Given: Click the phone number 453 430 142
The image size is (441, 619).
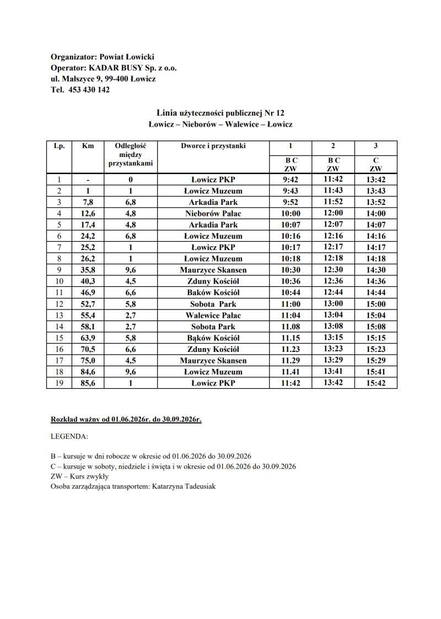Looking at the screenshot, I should click(89, 90).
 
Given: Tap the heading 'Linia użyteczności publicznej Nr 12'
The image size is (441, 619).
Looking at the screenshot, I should click(220, 113).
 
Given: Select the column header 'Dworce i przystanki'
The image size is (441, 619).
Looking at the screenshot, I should click(213, 146).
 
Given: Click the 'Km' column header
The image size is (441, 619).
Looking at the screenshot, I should click(87, 146).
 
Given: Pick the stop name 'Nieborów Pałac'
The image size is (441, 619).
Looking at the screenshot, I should click(213, 213).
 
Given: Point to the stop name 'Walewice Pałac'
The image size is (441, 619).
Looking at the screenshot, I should click(213, 316).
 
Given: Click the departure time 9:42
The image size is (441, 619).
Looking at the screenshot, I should click(290, 180).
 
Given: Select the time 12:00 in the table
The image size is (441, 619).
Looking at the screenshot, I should click(333, 213).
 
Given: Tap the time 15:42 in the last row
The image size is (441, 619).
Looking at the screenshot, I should click(376, 383).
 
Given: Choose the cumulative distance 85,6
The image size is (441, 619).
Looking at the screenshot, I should click(87, 383).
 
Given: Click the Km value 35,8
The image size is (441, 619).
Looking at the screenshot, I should click(87, 270).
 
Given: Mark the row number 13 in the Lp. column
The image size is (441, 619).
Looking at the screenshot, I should click(59, 316).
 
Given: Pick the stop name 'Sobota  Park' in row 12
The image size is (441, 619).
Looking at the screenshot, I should click(213, 304).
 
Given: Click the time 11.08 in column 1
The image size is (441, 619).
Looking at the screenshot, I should click(290, 327).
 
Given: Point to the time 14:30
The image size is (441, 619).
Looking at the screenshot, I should click(376, 270).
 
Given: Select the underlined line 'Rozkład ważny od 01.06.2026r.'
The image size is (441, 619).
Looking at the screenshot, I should click(126, 419).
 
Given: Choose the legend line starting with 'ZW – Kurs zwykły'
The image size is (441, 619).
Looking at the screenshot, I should click(79, 476).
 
